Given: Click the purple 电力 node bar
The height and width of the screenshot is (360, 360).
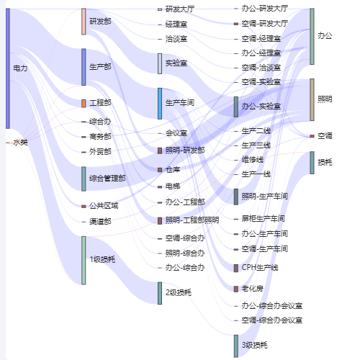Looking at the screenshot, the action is (8, 68).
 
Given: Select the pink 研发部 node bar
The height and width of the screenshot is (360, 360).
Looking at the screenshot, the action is (84, 22).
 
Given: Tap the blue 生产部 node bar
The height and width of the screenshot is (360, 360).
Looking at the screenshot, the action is (84, 67).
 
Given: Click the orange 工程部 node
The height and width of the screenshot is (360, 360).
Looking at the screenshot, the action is (84, 104).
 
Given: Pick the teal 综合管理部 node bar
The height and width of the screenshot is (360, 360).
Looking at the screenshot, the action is (84, 179).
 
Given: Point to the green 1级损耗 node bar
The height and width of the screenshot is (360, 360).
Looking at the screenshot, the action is (84, 261).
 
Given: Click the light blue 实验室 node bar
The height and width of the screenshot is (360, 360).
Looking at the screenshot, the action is (160, 64).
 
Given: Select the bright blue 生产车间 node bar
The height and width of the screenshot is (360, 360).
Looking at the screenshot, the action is (160, 104).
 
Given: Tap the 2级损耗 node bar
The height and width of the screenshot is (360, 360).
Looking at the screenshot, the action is (160, 293).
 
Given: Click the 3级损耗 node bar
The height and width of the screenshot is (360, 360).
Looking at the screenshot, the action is (236, 346).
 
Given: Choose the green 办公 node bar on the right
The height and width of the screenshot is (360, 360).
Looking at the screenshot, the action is (312, 37).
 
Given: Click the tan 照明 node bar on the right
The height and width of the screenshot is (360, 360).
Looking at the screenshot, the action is (312, 99).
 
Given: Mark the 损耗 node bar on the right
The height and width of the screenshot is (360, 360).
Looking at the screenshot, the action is (312, 163).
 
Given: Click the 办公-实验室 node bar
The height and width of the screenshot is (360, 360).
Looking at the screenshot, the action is (236, 107).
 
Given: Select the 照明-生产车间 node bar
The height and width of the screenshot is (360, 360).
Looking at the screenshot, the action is (236, 197).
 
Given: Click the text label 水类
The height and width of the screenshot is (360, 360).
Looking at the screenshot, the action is (20, 143).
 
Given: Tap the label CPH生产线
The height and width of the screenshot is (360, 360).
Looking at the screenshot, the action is (260, 268).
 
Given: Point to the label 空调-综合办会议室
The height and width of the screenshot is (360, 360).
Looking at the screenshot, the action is (272, 320).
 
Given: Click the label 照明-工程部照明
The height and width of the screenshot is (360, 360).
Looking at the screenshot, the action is (192, 220).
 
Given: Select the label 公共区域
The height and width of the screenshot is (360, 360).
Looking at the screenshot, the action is (104, 206).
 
